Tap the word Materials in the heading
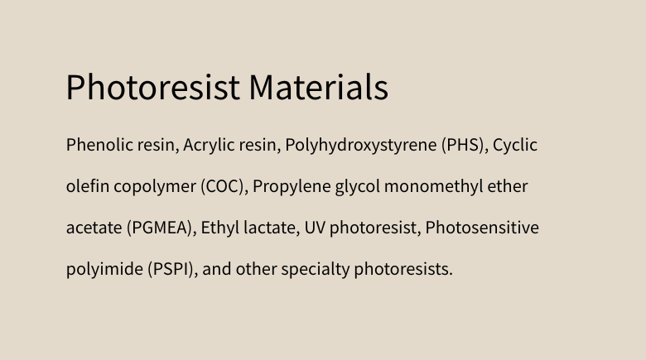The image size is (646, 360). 319,87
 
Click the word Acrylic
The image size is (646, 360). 209,146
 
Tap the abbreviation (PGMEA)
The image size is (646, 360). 161,228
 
